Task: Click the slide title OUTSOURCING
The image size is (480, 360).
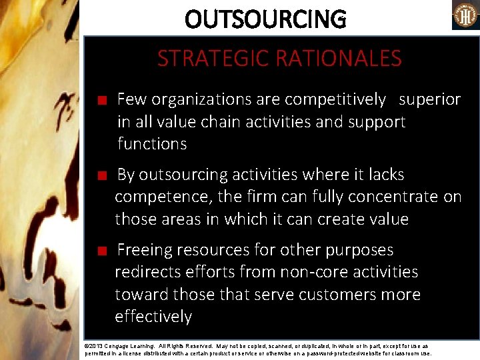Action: coord(265,19)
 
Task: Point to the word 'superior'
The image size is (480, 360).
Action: coord(430,99)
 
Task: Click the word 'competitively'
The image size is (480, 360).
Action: coord(335,99)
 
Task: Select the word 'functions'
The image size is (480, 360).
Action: coord(152,143)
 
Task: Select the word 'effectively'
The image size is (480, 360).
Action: coord(153,316)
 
